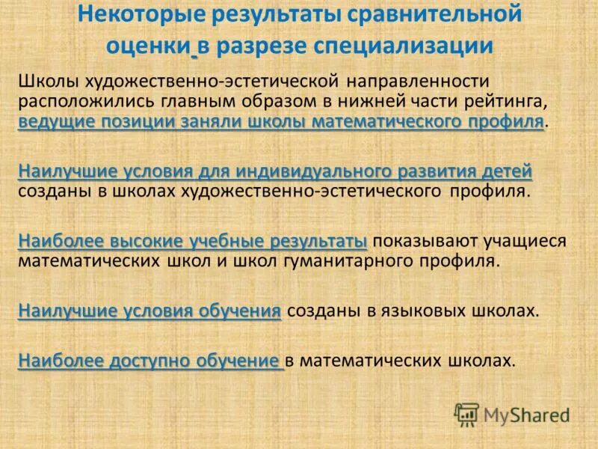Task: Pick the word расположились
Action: (80, 101)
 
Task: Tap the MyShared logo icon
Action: (467, 415)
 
